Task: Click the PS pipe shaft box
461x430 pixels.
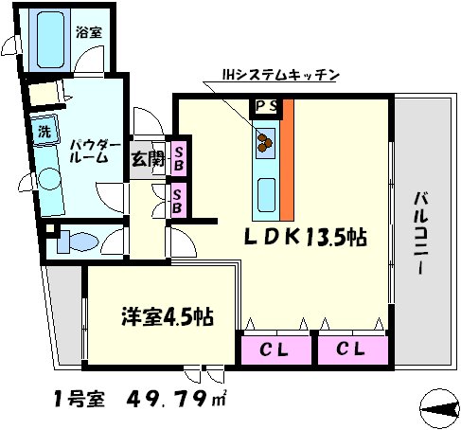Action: [x=265, y=106]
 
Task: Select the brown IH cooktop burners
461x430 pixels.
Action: [x=263, y=143]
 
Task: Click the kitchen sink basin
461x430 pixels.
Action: [x=263, y=194]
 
